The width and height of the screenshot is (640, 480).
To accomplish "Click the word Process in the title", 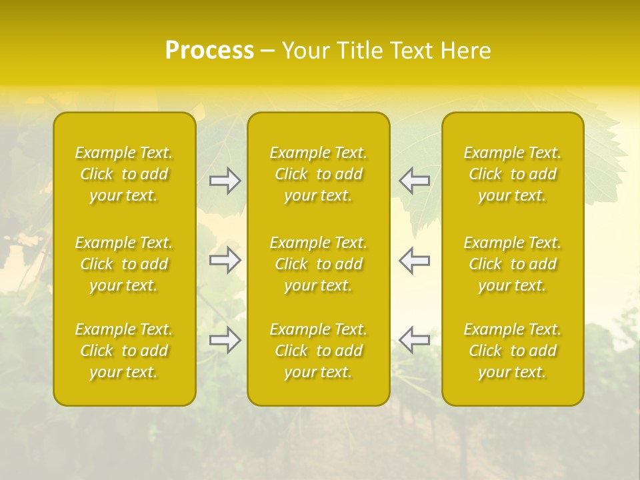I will (209, 51).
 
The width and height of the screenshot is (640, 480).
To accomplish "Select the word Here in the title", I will (465, 51).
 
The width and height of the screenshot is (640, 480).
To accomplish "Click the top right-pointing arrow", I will (225, 181).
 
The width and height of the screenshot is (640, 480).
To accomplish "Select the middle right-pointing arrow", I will (225, 260).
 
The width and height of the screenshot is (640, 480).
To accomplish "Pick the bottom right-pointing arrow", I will (225, 340).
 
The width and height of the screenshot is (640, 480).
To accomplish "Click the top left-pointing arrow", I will (414, 181).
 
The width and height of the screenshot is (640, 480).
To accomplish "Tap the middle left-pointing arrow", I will (414, 260).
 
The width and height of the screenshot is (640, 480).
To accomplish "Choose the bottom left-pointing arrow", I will (414, 340).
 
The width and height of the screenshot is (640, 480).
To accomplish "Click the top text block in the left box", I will (124, 174).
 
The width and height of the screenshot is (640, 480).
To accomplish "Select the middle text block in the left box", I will (124, 264).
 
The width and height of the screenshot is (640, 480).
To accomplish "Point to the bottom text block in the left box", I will (124, 351).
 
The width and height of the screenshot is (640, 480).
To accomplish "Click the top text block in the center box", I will (319, 174).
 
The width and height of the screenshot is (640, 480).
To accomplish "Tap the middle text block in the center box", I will (319, 264).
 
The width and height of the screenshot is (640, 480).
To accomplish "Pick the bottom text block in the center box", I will (319, 351).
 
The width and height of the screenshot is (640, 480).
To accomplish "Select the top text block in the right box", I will (513, 174).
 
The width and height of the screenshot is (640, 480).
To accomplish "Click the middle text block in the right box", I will (513, 264).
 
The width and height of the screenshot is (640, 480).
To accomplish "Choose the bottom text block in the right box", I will (513, 351).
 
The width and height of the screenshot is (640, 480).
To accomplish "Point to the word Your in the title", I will (303, 51).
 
